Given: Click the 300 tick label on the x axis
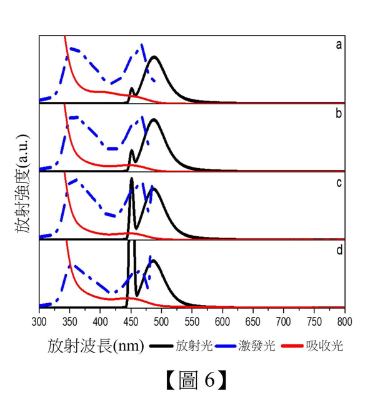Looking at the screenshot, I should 39,321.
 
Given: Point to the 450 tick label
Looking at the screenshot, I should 131,321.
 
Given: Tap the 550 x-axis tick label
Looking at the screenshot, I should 192,321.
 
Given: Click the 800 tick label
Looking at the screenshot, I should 344,321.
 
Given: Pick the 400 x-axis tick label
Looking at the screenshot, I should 100,321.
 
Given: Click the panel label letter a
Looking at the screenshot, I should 338,44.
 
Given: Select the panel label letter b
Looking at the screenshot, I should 338,114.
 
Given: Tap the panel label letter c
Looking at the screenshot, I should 338,182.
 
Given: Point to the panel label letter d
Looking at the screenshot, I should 338,251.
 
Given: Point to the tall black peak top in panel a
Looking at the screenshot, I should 154,57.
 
